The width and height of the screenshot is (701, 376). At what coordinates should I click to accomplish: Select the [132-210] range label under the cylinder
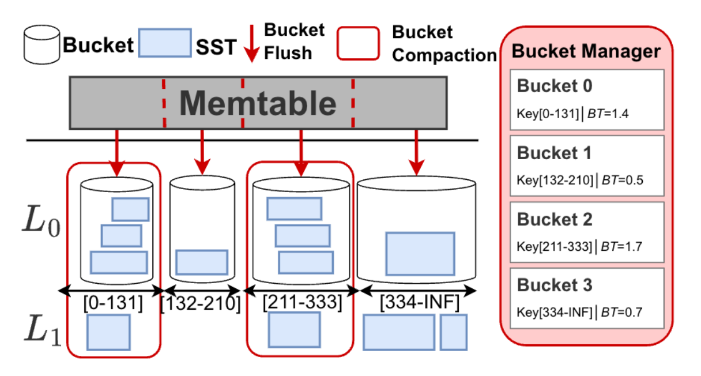pyautogui.click(x=201, y=303)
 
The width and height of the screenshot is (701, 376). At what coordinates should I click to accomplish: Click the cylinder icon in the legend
pyautogui.click(x=40, y=44)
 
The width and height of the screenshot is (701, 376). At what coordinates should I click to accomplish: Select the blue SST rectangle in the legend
pyautogui.click(x=164, y=43)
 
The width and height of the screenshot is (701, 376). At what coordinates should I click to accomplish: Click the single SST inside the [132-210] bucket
pyautogui.click(x=201, y=262)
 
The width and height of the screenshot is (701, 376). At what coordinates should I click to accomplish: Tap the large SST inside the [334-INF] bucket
pyautogui.click(x=420, y=253)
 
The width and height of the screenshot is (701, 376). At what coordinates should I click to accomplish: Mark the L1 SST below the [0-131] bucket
pyautogui.click(x=108, y=332)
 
